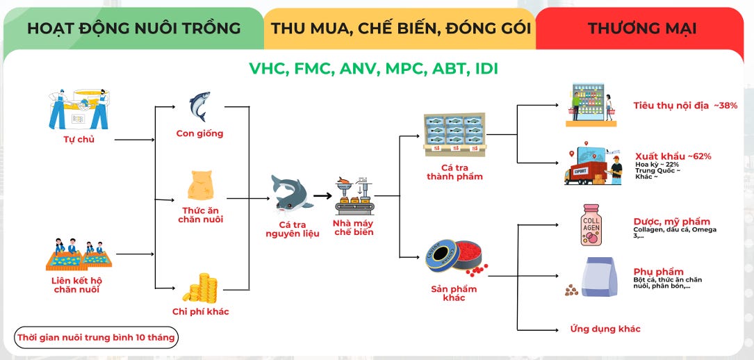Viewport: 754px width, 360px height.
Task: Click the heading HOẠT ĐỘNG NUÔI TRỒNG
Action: pyautogui.click(x=133, y=28)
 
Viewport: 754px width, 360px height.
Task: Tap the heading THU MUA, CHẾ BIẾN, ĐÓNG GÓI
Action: pyautogui.click(x=401, y=28)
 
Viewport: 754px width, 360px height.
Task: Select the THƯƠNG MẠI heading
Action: pyautogui.click(x=642, y=28)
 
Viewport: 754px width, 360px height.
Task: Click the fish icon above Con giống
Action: pyautogui.click(x=199, y=107)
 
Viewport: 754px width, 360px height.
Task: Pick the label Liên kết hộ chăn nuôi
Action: pyautogui.click(x=76, y=284)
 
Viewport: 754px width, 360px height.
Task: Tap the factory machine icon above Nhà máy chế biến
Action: pyautogui.click(x=353, y=194)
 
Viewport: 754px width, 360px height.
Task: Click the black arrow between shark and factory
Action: pyautogui.click(x=322, y=196)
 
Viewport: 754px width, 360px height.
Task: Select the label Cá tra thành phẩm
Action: pyautogui.click(x=454, y=172)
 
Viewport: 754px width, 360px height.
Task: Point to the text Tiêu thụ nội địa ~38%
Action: pyautogui.click(x=685, y=106)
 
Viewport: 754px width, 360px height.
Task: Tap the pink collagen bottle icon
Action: pyautogui.click(x=591, y=224)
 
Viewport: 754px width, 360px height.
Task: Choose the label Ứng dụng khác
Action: pyautogui.click(x=605, y=329)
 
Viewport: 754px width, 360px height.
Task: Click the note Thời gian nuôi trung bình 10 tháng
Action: pyautogui.click(x=97, y=338)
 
